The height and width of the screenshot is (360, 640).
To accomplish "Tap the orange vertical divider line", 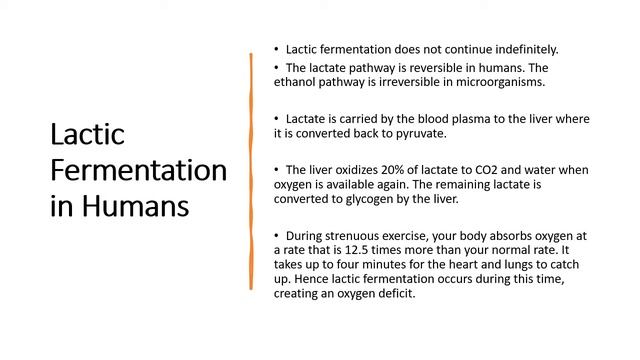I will [250, 170].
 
